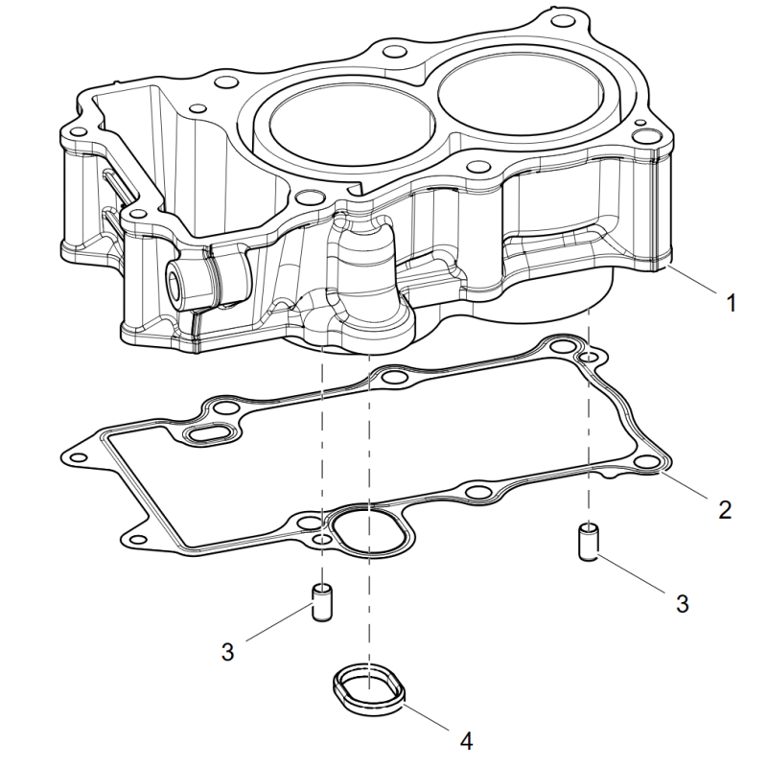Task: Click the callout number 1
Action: point(732,304)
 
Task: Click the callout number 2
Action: point(726,509)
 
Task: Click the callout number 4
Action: point(467,741)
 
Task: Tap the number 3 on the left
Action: point(228,652)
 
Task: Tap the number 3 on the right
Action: point(683,603)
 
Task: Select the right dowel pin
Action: point(589,541)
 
